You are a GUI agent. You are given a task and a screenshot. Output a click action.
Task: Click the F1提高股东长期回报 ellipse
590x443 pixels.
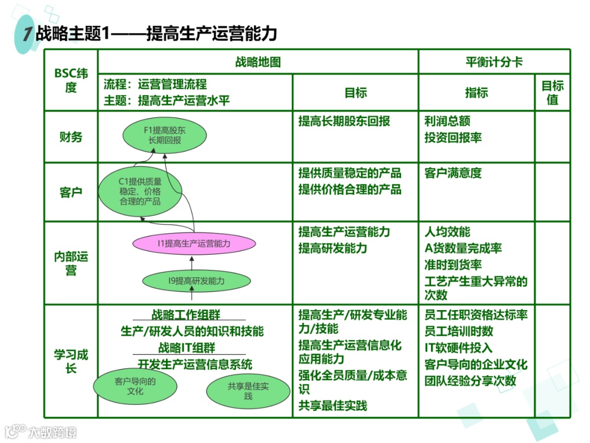coord(165,136)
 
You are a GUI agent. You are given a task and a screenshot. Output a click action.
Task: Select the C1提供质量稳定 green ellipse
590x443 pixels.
coord(140,191)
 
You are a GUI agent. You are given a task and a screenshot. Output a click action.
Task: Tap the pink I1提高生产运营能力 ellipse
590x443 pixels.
coord(194,244)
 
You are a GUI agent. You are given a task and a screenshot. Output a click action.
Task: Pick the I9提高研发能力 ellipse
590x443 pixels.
coord(196,282)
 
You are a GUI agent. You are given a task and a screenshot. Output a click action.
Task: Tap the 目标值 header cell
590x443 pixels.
coord(552,92)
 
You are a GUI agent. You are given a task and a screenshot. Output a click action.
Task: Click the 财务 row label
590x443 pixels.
coord(71,137)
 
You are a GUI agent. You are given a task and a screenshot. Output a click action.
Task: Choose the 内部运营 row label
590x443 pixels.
coord(71,263)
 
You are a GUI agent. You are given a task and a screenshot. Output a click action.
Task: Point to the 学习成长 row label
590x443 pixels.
coord(71,361)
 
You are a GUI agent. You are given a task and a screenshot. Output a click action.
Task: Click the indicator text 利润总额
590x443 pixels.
coord(447,121)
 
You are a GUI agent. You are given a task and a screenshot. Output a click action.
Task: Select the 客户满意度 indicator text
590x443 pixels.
coord(453,173)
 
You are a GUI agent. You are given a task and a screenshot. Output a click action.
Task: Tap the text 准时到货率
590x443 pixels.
coord(453,265)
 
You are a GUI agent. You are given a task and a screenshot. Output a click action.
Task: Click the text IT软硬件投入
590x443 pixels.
coord(458,348)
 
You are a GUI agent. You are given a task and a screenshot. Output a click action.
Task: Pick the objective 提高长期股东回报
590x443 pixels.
coord(344,121)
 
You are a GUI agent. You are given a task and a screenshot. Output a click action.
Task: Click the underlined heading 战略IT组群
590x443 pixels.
coord(187,348)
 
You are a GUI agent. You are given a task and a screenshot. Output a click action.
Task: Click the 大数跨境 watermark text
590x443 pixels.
coord(52,432)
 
